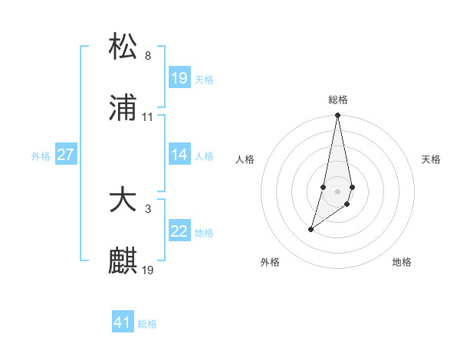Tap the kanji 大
coord(123,200)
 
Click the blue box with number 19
coord(179,78)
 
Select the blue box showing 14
coord(179,155)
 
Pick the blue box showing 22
coord(179,231)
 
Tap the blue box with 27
coord(65,155)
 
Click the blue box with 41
coord(123,322)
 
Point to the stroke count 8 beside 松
coord(147,55)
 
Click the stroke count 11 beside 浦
coord(148,117)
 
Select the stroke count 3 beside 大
coord(147,208)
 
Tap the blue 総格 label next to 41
coord(147,324)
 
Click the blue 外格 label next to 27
coord(41,155)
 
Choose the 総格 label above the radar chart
coord(337,100)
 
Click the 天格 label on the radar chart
coord(431,159)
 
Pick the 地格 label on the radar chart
coord(402,262)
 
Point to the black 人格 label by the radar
coord(245,159)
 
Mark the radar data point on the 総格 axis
coord(337,116)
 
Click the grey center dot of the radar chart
coord(337,188)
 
